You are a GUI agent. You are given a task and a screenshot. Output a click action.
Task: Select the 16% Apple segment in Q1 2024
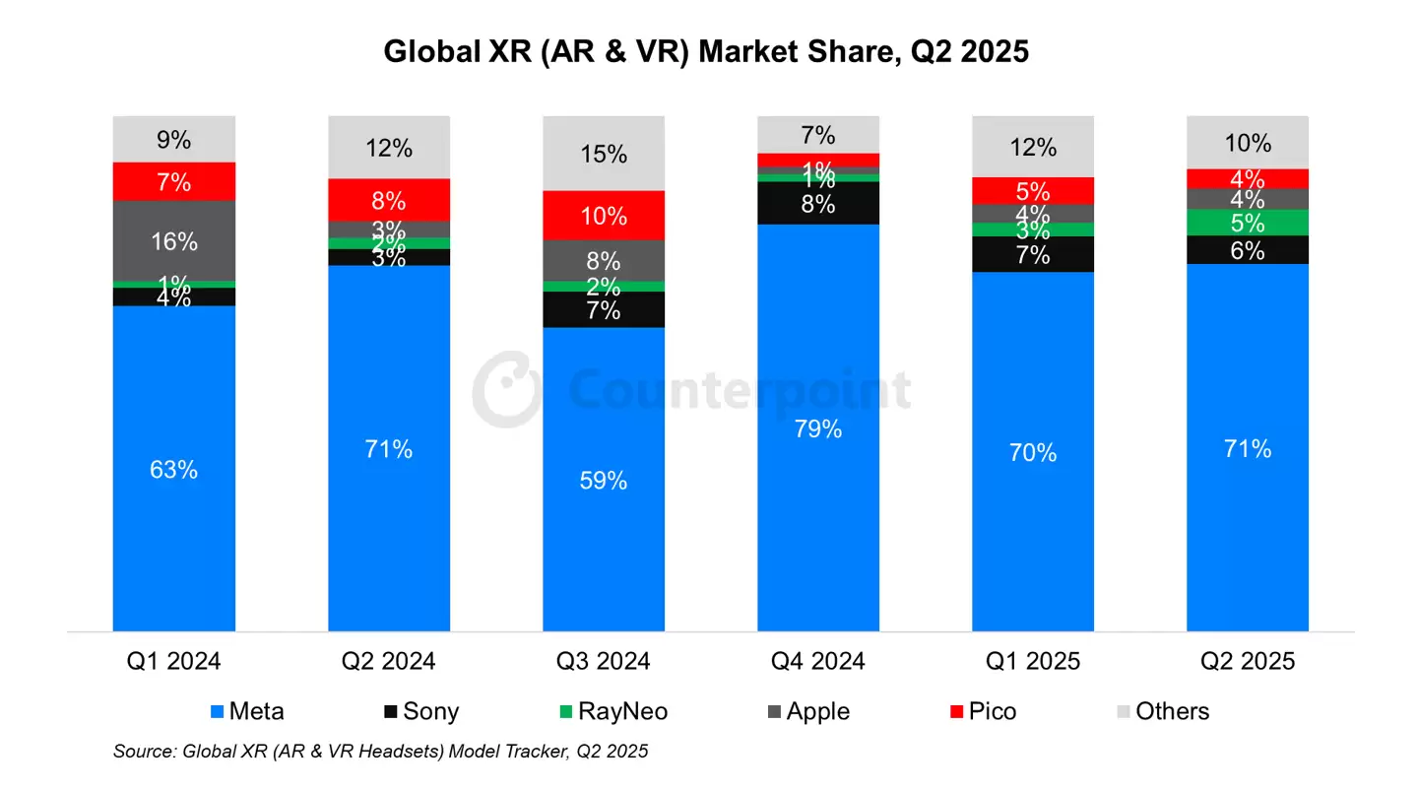pos(174,240)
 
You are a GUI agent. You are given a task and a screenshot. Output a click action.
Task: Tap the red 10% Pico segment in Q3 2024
pos(604,215)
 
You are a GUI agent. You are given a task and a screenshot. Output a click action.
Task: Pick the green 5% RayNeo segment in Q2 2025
pos(1248,223)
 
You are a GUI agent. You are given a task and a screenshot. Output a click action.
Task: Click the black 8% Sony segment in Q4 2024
pos(818,204)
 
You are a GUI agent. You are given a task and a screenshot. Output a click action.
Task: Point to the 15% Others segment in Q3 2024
pos(604,154)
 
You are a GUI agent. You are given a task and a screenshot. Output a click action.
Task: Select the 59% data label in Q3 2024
pos(604,481)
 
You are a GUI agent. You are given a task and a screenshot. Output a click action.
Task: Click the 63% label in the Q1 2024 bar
pos(174,470)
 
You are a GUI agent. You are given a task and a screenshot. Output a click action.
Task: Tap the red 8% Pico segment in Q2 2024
pos(389,200)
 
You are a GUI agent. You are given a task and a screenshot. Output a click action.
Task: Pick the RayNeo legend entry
pos(615,711)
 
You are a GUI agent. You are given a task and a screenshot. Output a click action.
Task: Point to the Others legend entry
pos(1161,711)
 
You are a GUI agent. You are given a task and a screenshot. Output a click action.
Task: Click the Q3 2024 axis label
pos(604,660)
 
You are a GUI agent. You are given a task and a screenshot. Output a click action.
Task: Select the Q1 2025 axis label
pos(1033,660)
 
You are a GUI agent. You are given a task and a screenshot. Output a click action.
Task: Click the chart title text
pos(706,50)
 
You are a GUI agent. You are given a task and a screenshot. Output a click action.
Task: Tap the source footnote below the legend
pos(381,752)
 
